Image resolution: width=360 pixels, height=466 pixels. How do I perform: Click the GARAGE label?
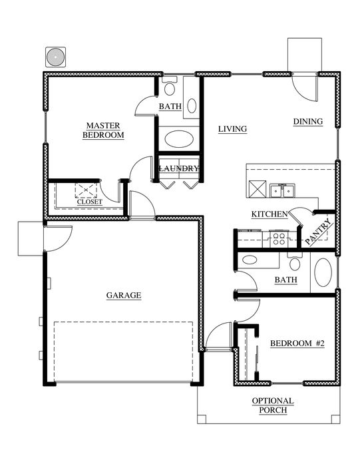pyautogui.click(x=124, y=295)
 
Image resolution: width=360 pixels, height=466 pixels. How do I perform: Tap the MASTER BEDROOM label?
pyautogui.click(x=103, y=130)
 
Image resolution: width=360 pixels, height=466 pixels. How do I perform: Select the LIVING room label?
pyautogui.click(x=233, y=129)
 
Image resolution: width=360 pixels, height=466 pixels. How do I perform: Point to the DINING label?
pyautogui.click(x=308, y=121)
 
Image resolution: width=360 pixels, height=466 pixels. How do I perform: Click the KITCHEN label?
pyautogui.click(x=270, y=214)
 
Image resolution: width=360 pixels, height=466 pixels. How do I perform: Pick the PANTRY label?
pyautogui.click(x=318, y=232)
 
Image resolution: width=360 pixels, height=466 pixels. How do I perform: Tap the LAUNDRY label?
pyautogui.click(x=179, y=168)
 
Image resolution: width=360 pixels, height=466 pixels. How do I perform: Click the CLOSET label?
pyautogui.click(x=90, y=202)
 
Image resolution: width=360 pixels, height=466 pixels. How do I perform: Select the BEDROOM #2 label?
pyautogui.click(x=297, y=344)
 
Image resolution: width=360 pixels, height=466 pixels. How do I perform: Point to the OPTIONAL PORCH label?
pyautogui.click(x=273, y=405)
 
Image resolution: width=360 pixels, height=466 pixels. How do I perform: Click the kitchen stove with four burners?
pyautogui.click(x=279, y=238)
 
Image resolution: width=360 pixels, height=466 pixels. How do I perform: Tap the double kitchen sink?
pyautogui.click(x=282, y=190)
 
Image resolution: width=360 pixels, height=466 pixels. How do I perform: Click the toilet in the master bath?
pyautogui.click(x=169, y=86)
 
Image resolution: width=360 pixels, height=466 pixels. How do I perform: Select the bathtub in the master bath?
pyautogui.click(x=179, y=139)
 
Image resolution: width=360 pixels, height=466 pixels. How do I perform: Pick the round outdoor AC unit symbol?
pyautogui.click(x=55, y=57)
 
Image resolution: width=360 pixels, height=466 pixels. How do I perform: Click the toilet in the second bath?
pyautogui.click(x=295, y=261)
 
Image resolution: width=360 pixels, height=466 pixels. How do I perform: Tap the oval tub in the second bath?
pyautogui.click(x=323, y=272)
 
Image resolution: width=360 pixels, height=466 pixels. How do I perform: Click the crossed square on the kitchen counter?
pyautogui.click(x=258, y=188)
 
